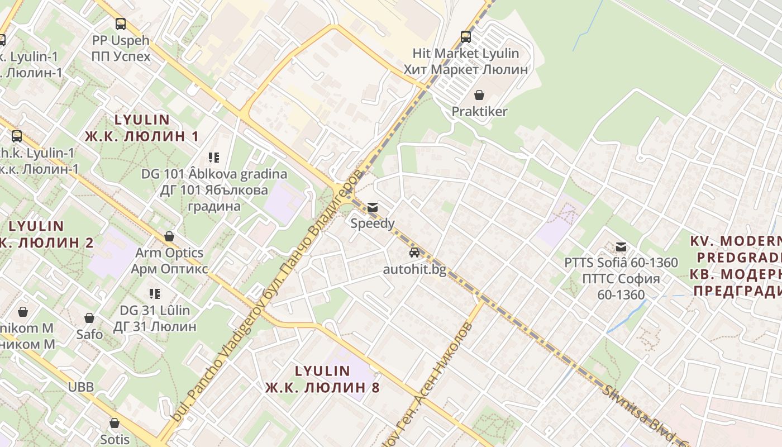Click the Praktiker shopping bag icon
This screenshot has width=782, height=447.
[479, 95]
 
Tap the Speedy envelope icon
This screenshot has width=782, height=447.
[373, 207]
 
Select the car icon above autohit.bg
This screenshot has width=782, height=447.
[414, 253]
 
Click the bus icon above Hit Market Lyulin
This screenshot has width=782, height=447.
[466, 37]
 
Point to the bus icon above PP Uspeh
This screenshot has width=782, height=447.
[121, 24]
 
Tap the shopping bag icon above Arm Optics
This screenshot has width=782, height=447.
[169, 236]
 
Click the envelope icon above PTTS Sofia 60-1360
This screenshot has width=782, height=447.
[621, 246]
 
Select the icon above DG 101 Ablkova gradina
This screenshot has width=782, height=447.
[214, 158]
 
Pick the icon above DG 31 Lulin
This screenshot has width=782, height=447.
[155, 294]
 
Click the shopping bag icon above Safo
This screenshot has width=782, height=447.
[89, 318]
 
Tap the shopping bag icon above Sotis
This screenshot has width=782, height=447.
[115, 423]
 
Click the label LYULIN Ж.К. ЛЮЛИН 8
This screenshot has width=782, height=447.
[322, 379]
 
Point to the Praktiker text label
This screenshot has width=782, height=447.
[479, 111]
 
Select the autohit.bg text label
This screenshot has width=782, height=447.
[414, 269]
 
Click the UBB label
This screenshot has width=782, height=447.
[81, 387]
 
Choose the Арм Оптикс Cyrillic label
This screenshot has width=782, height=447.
[169, 269]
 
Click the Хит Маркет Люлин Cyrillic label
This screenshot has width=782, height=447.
[466, 69]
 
